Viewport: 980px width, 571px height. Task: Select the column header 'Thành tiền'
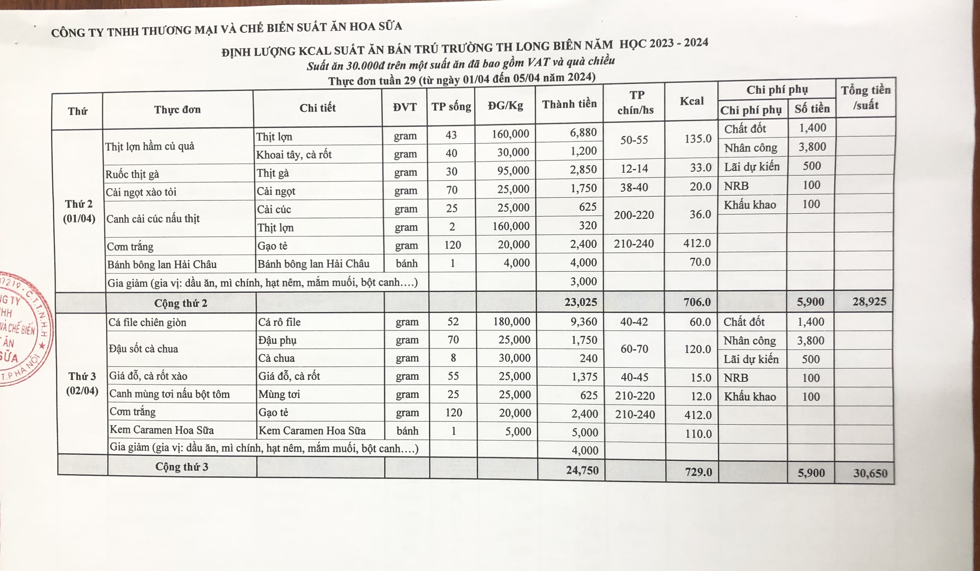pyautogui.click(x=569, y=104)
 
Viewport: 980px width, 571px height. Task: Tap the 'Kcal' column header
pyautogui.click(x=691, y=101)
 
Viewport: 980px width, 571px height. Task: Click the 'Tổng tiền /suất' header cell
pyautogui.click(x=865, y=98)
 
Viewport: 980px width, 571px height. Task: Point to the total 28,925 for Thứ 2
pyautogui.click(x=869, y=302)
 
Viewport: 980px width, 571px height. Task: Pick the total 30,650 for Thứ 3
pyautogui.click(x=871, y=473)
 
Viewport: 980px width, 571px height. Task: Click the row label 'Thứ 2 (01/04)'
pyautogui.click(x=79, y=211)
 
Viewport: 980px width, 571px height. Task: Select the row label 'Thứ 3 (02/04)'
pyautogui.click(x=82, y=383)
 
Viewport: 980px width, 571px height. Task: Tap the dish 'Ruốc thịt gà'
pyautogui.click(x=132, y=174)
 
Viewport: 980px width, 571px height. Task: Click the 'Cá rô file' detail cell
pyautogui.click(x=279, y=322)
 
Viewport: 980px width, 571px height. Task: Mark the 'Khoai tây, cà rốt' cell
pyautogui.click(x=294, y=155)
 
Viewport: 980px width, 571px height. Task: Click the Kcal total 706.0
pyautogui.click(x=697, y=302)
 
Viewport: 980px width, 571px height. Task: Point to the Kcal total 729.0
pyautogui.click(x=698, y=472)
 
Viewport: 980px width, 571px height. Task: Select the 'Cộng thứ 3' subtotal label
pyautogui.click(x=181, y=467)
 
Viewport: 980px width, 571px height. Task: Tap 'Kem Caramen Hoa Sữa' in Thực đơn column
pyautogui.click(x=162, y=429)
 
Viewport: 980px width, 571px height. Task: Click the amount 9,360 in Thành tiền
pyautogui.click(x=584, y=322)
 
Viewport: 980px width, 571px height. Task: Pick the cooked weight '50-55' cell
pyautogui.click(x=634, y=140)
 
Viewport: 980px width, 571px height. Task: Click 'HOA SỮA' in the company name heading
pyautogui.click(x=376, y=27)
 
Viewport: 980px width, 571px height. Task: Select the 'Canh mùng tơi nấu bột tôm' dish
pyautogui.click(x=170, y=394)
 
